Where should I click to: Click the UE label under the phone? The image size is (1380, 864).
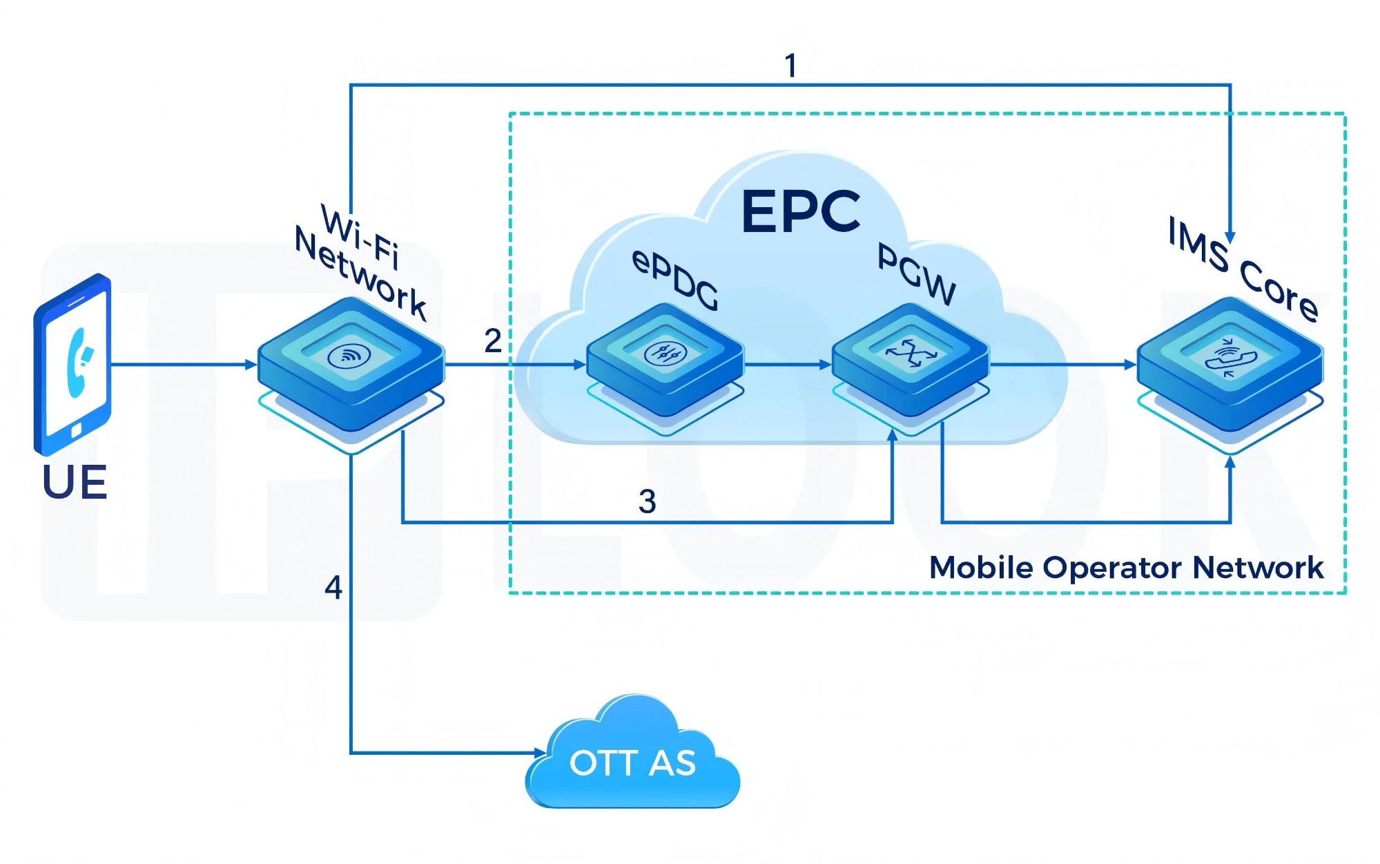[75, 482]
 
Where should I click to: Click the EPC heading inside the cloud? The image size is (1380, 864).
[801, 211]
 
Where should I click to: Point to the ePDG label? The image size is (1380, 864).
[675, 280]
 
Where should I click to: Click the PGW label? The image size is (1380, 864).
[917, 274]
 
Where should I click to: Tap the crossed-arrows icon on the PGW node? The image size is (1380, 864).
[911, 353]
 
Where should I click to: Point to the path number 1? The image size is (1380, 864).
[791, 66]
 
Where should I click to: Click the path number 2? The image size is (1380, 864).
[492, 340]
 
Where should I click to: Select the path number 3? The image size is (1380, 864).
[647, 501]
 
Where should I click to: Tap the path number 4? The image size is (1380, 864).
[333, 588]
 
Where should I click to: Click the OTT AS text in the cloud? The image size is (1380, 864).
[632, 763]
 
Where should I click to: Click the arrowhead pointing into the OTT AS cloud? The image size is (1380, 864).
[540, 752]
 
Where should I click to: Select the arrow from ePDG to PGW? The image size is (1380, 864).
[787, 365]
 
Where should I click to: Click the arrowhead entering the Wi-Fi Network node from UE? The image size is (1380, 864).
[252, 365]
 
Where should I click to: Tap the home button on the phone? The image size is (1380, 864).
[76, 431]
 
